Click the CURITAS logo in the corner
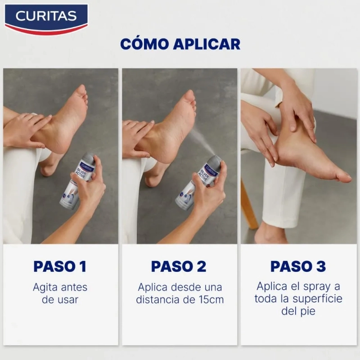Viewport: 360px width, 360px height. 46,19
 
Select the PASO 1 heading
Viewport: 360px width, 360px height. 60,266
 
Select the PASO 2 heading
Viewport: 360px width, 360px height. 179,266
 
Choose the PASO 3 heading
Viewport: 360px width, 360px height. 298,266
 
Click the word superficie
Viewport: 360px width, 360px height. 318,299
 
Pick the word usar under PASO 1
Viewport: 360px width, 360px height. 66,300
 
